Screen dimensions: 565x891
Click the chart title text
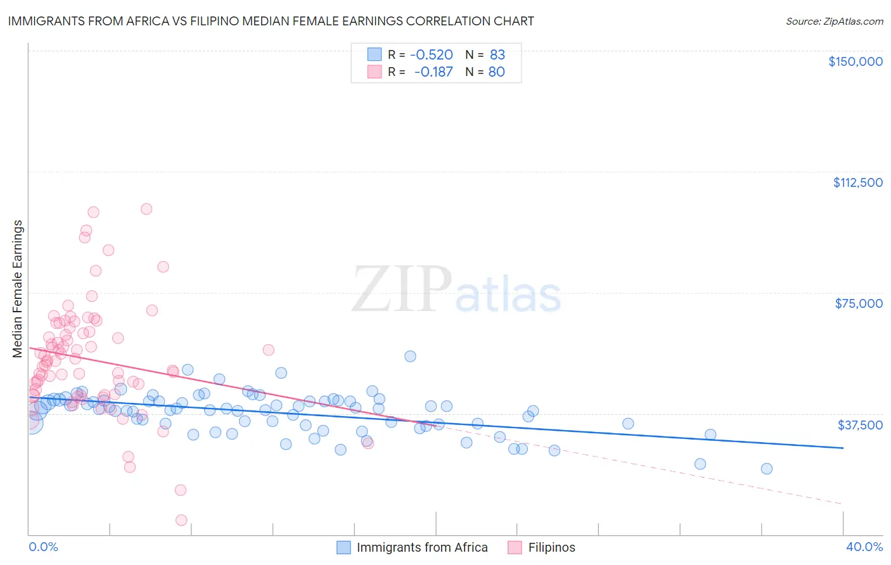tap(271, 21)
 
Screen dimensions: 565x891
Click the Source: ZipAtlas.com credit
tap(834, 21)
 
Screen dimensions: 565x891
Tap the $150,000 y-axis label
tap(855, 61)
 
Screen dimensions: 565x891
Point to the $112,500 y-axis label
tap(857, 182)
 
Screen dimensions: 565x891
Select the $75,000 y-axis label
tap(858, 303)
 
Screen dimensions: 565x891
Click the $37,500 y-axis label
tap(859, 424)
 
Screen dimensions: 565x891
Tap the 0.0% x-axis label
tap(43, 547)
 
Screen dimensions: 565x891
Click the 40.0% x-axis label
tap(864, 547)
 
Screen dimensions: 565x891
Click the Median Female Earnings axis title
tap(18, 289)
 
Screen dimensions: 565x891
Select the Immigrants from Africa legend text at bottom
tap(422, 547)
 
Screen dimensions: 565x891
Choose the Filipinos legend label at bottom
tap(552, 547)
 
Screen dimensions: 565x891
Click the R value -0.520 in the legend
tap(431, 54)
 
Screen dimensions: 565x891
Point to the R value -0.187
tap(433, 72)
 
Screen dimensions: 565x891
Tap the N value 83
tap(497, 54)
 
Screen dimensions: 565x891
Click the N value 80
tap(497, 72)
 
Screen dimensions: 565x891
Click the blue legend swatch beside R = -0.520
tap(375, 54)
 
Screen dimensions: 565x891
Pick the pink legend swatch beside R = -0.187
tap(375, 72)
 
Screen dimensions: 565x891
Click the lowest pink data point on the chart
tap(181, 520)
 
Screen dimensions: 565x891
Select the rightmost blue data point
tap(767, 469)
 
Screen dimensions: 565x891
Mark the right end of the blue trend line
tap(843, 448)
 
